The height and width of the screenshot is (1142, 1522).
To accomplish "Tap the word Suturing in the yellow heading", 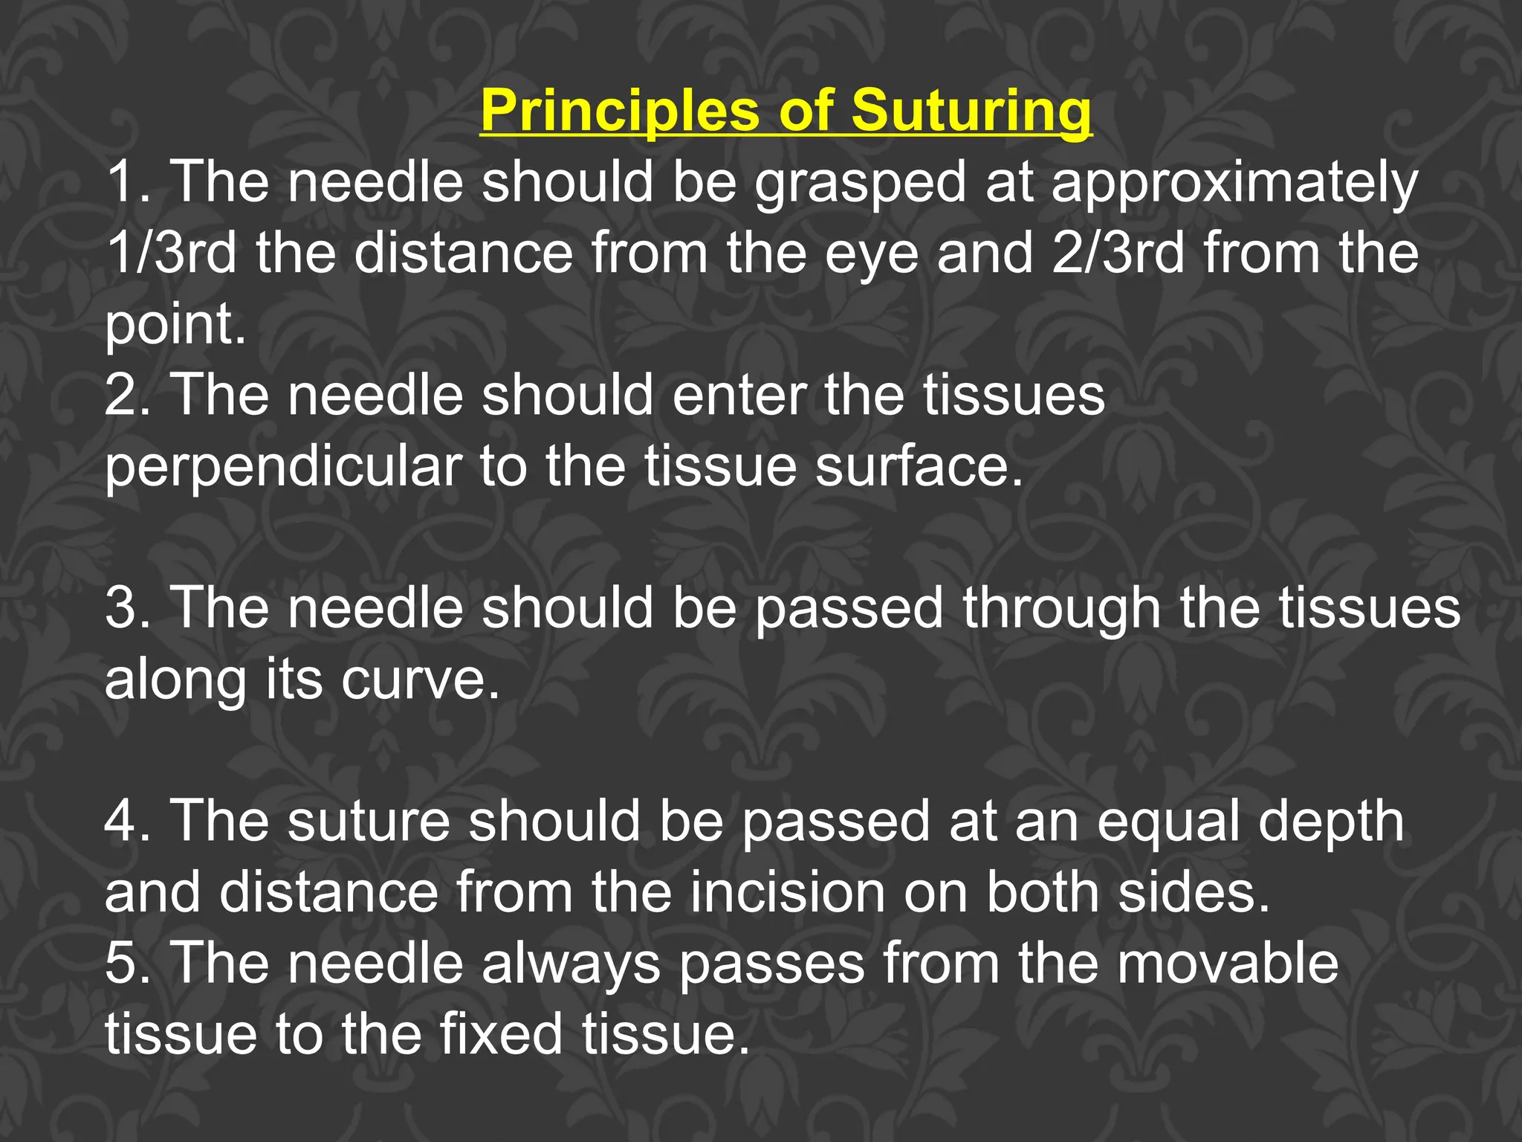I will click(x=971, y=112).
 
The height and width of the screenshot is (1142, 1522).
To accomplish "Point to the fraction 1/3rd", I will click(x=171, y=253).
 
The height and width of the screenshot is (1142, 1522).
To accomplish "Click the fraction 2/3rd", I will click(x=1118, y=253).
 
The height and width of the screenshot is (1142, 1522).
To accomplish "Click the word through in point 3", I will click(x=1061, y=608).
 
